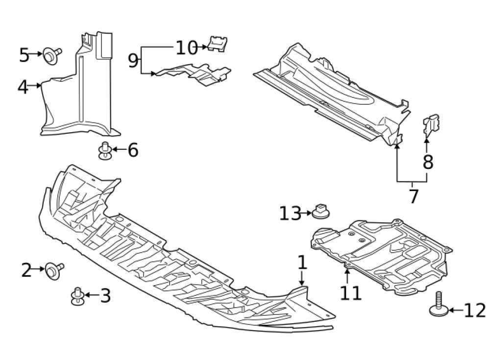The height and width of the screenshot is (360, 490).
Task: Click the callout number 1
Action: coord(302,263)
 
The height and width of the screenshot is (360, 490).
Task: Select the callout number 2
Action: coord(26,270)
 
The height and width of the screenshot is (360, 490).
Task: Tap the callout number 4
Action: coord(23,87)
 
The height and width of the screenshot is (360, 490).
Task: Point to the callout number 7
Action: coord(414,196)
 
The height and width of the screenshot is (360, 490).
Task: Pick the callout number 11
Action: coord(351,293)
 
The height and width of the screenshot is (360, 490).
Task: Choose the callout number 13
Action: coord(290,214)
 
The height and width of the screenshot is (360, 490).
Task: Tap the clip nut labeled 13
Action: coord(321,211)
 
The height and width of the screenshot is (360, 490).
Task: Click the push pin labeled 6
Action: coord(104,150)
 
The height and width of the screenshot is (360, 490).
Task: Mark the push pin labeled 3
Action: coord(77,295)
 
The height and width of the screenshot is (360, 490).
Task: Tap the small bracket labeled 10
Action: coord(216,44)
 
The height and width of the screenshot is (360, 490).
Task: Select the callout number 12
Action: coord(474,310)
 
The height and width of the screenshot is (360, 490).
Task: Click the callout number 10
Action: coord(186,48)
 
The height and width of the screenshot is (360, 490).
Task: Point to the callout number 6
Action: coord(133,150)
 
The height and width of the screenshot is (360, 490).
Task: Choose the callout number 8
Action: coord(428,162)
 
